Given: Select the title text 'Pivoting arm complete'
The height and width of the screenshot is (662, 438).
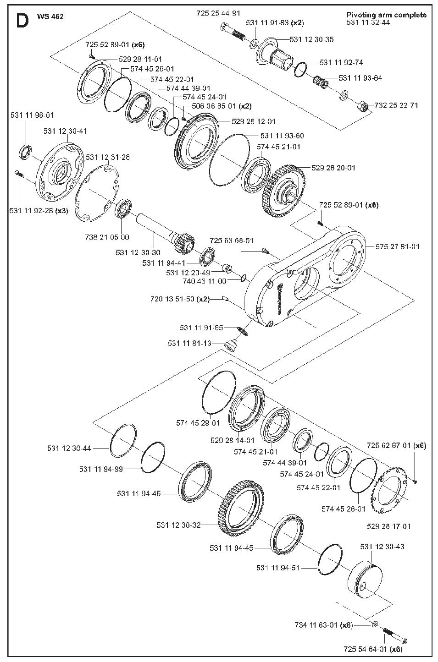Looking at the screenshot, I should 387,15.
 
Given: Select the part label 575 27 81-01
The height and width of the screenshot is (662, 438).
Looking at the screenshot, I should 398,246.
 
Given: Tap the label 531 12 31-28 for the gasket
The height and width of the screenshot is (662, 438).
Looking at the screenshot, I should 108,157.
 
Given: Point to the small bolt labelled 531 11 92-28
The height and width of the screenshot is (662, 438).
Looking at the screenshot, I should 18,174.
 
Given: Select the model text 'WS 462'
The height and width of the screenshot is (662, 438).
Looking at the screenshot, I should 50,16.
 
